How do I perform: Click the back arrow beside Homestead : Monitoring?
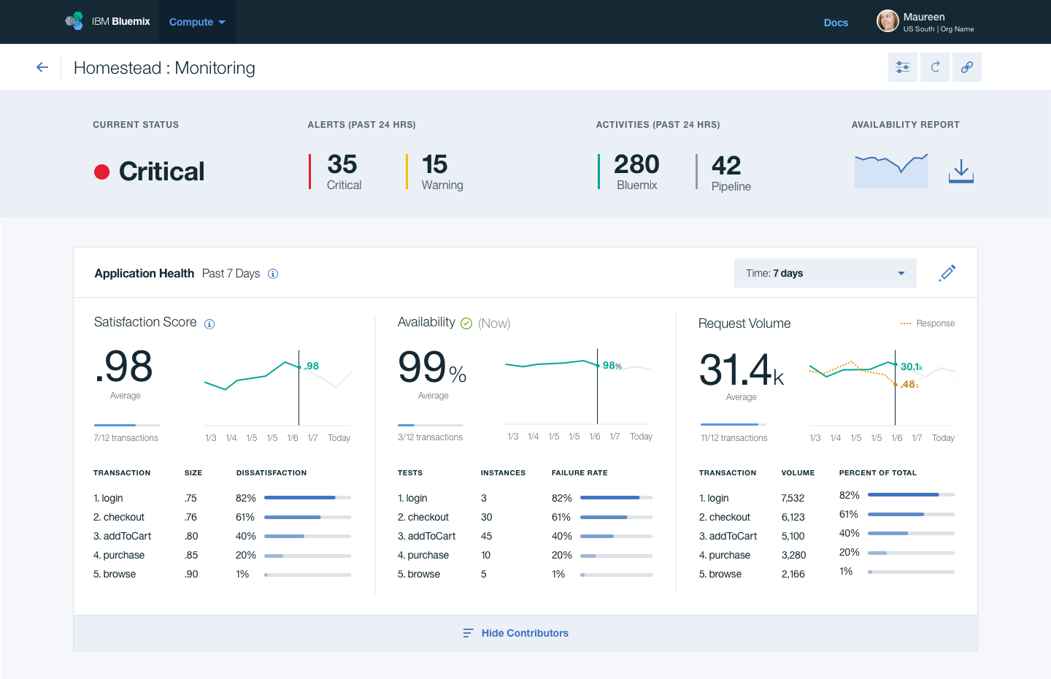pos(42,67)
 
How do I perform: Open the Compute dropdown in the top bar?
pos(197,22)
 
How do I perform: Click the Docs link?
pos(836,23)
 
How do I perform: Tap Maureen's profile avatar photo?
pos(888,21)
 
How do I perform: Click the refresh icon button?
pos(935,67)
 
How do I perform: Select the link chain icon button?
pos(967,67)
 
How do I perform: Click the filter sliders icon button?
pos(903,67)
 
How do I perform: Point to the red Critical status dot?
pos(102,172)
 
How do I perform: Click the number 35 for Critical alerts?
pos(342,164)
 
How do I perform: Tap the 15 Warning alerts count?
pos(435,164)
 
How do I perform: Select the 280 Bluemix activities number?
pos(636,164)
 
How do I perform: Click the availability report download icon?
pos(961,172)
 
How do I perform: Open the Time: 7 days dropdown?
pos(825,273)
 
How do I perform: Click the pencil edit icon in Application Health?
pos(947,273)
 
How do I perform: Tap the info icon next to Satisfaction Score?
pos(209,324)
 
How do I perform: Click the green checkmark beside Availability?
pos(466,323)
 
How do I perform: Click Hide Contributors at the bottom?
pos(524,633)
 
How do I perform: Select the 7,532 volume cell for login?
pos(793,498)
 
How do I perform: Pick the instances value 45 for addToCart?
pos(486,536)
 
